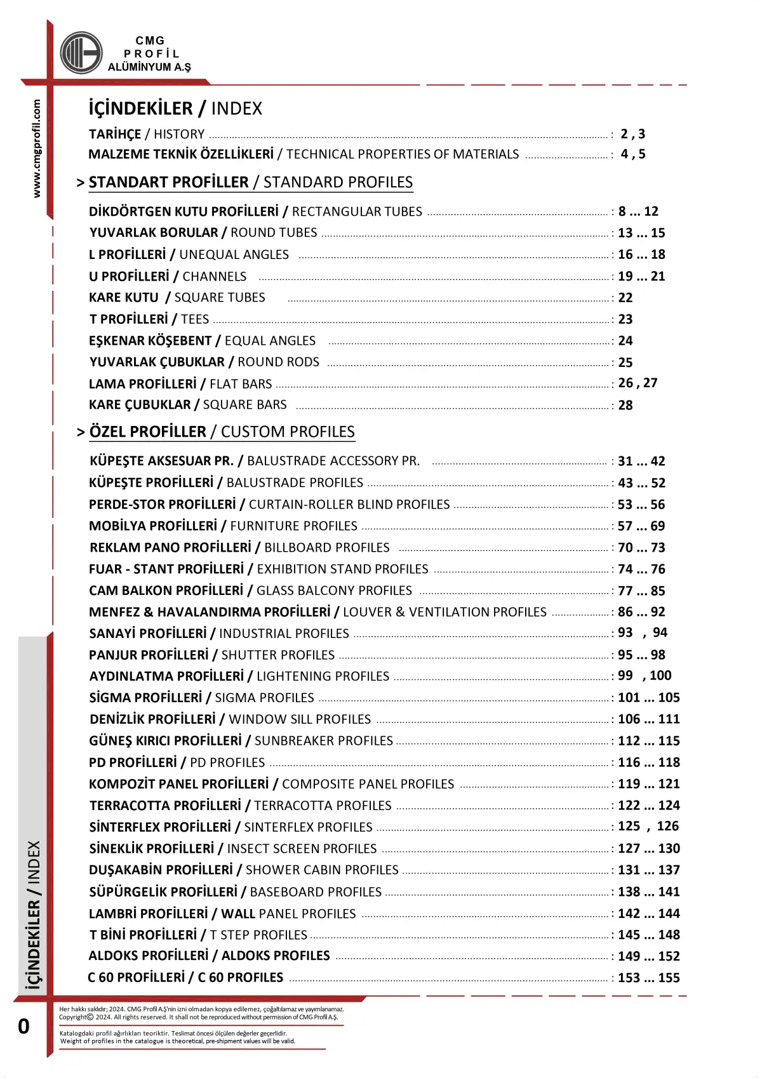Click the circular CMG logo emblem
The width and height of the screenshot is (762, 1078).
coord(81,53)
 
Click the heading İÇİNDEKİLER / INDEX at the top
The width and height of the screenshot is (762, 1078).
coord(175,109)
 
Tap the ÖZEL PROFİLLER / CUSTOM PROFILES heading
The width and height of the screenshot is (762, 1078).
coord(222,432)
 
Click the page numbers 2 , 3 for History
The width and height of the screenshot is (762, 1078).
coord(632,134)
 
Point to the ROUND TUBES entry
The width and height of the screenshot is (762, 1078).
coord(203,233)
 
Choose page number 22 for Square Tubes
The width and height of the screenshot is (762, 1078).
coord(625,298)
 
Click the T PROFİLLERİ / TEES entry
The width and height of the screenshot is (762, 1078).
coord(149,319)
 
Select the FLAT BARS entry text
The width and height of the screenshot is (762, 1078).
coord(180,384)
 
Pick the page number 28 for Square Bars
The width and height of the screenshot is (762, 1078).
coord(625,405)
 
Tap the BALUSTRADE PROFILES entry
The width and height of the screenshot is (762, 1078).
coord(226,483)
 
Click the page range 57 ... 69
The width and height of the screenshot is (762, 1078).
coord(641,526)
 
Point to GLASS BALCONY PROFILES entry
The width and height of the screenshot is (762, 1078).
coord(250,591)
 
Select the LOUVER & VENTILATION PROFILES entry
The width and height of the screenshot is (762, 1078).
coord(317,612)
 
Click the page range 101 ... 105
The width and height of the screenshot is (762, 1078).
coord(648,698)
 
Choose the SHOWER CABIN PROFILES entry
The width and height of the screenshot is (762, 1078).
coord(244,870)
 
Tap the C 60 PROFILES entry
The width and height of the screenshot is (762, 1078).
coord(185,978)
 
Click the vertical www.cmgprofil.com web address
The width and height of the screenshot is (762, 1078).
coord(37,149)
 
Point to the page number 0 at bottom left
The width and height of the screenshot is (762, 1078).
coord(23,1027)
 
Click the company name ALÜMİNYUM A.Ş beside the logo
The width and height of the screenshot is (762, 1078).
coord(149,67)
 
